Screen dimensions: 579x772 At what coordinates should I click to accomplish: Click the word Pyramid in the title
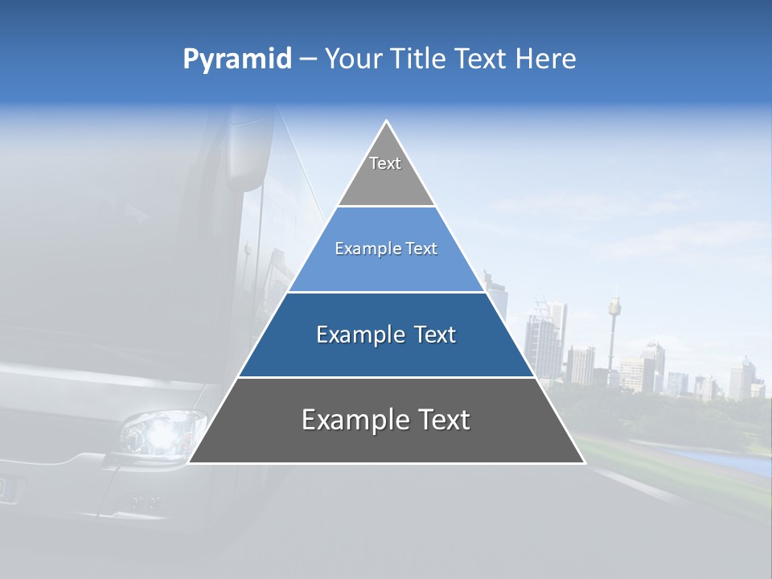point(236,60)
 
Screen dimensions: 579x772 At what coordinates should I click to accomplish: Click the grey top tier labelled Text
point(386,173)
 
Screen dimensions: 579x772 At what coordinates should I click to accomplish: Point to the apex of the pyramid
point(387,121)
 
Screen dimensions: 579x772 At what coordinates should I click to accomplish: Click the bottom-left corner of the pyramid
point(190,462)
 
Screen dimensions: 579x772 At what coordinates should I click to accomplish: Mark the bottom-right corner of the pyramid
point(583,462)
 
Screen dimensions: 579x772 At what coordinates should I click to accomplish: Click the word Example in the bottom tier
point(351,420)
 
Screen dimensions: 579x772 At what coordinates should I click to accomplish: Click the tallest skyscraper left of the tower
point(547,338)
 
